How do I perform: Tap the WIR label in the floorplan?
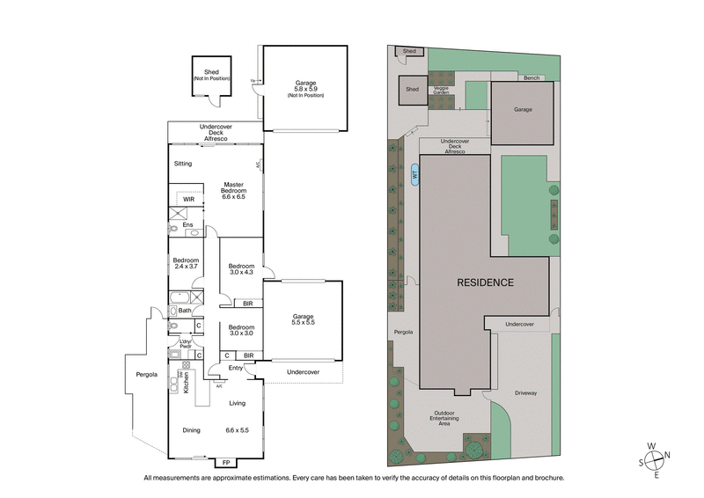188,200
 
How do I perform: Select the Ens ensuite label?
187,224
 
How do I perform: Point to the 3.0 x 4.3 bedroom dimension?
240,273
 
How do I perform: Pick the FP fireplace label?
225,463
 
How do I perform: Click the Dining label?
191,430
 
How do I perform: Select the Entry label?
236,367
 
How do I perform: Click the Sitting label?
183,164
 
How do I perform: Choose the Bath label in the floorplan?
185,310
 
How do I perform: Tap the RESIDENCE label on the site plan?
484,282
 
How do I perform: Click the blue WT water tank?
414,174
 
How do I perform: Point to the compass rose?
656,458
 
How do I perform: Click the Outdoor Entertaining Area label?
444,419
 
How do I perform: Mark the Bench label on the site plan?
531,78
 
